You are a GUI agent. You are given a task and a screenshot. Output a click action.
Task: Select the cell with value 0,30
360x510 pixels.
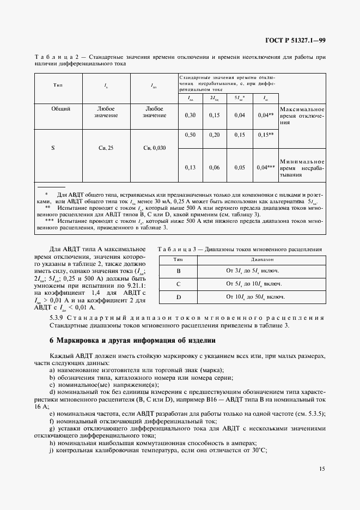[x=190, y=116]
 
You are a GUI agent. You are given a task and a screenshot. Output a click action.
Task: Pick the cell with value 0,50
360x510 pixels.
[x=190, y=135]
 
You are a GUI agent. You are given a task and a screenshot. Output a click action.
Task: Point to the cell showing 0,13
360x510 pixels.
[x=190, y=168]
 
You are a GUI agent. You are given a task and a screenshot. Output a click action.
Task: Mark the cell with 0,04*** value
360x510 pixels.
[x=265, y=168]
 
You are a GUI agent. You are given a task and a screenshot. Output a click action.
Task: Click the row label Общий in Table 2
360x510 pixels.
[x=60, y=109]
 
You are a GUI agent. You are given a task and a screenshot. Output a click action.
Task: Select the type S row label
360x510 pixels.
[x=53, y=148]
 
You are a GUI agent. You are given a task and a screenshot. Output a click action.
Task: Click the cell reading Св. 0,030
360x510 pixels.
[x=154, y=148]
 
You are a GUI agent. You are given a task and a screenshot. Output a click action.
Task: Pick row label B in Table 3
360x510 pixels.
[x=178, y=270]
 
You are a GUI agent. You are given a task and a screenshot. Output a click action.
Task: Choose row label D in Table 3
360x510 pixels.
[x=178, y=297]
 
